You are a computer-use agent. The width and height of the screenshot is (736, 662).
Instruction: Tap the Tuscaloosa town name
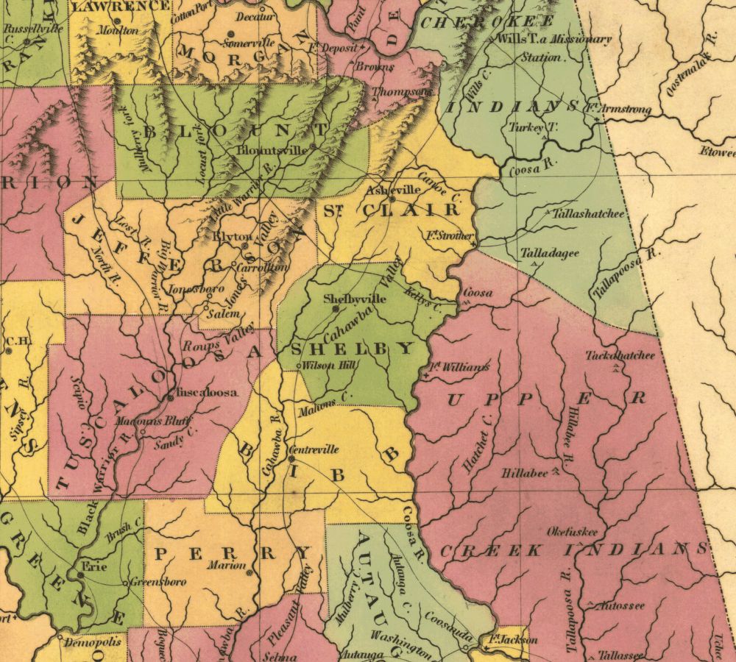click(207, 393)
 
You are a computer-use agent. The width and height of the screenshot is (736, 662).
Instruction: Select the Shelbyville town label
click(355, 299)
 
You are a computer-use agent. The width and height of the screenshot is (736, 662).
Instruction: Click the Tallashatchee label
click(587, 214)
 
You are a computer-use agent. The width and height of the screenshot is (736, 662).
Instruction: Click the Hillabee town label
click(525, 474)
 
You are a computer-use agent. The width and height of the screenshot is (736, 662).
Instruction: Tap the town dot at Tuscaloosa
click(171, 397)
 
